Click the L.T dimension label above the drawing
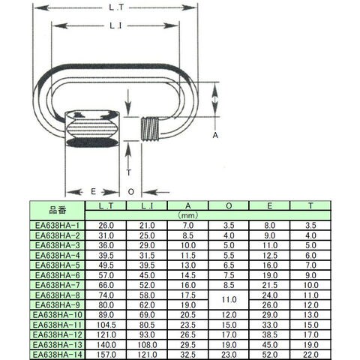click(x=116, y=7)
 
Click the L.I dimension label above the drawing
click(x=115, y=25)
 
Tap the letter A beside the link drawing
click(x=215, y=135)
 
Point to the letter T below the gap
click(x=128, y=172)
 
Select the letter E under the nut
click(x=93, y=191)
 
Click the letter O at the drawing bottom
click(x=130, y=192)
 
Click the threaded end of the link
click(x=150, y=129)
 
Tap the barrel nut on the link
click(x=92, y=129)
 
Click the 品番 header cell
click(x=57, y=211)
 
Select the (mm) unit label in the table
click(x=188, y=215)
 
